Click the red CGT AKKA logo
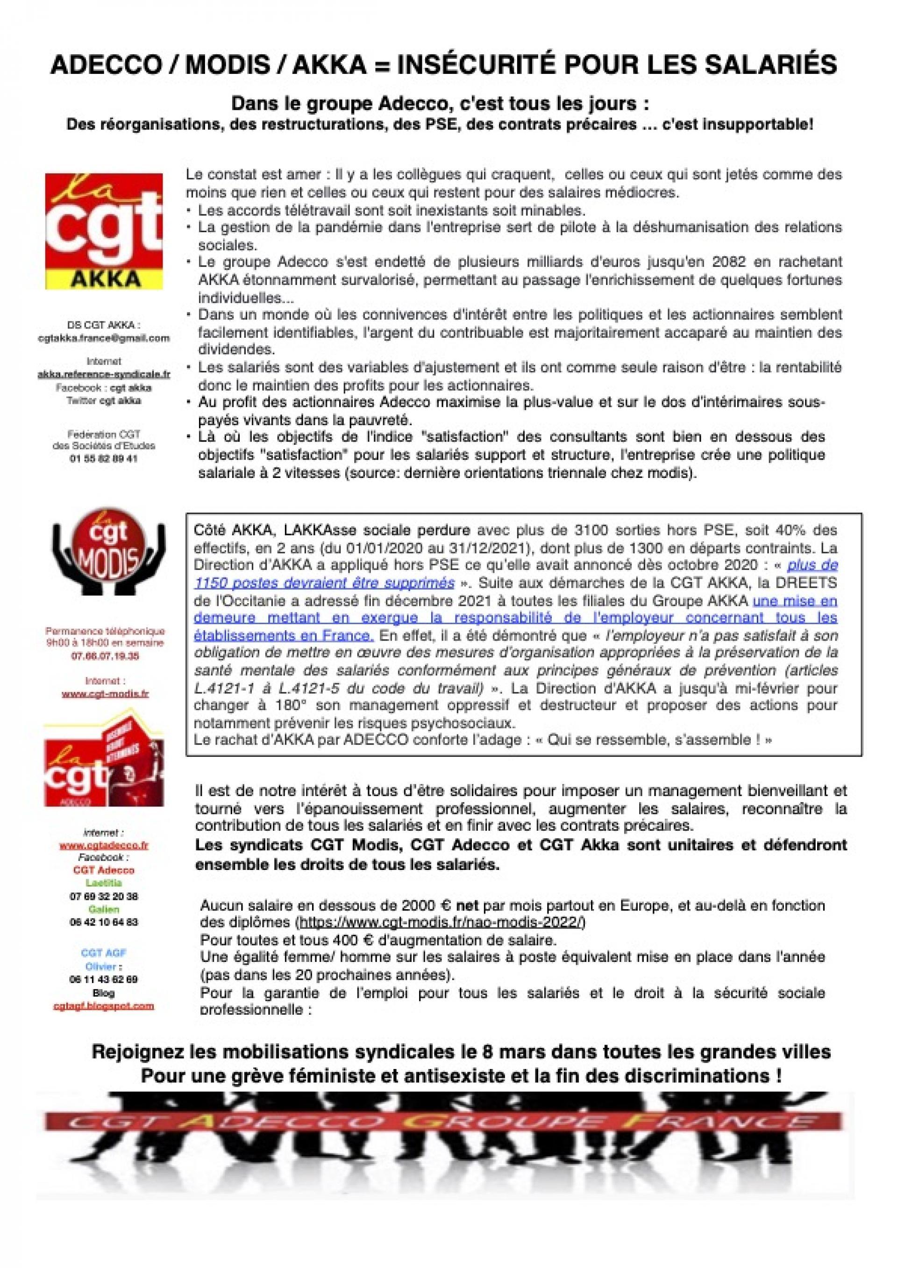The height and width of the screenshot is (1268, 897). (x=104, y=231)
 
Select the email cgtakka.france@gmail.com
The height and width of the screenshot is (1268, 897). (x=104, y=338)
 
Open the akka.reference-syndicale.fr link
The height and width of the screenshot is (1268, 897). (x=104, y=374)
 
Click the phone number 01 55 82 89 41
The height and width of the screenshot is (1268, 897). (x=104, y=458)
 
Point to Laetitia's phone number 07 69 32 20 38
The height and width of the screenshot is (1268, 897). (x=104, y=896)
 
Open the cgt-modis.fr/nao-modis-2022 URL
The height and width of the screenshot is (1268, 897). (x=441, y=922)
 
